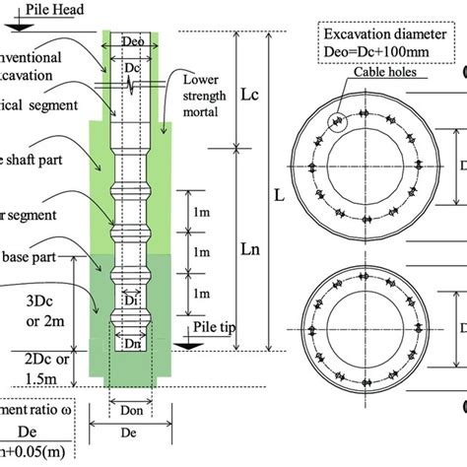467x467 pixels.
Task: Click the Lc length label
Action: click(249, 92)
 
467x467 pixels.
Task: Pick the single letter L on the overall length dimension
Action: click(280, 195)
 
